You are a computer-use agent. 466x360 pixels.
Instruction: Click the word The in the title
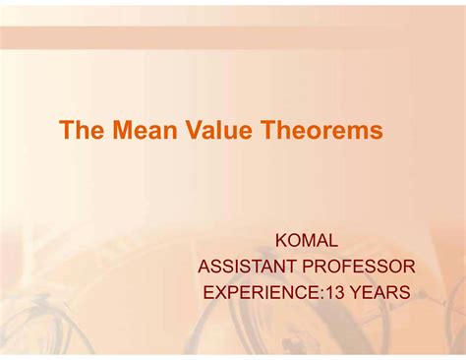79,131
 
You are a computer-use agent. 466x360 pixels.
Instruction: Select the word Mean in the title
134,131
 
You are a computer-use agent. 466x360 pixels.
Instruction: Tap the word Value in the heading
204,131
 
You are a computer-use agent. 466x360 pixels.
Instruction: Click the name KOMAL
308,239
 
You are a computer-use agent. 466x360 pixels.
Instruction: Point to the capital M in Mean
115,131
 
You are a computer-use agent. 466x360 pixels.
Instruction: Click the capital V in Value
178,131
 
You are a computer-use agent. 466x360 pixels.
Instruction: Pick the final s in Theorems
377,132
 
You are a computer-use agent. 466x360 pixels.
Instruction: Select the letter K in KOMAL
282,239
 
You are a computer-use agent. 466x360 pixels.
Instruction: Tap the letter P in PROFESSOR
314,266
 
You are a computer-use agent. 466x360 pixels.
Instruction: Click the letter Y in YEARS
355,292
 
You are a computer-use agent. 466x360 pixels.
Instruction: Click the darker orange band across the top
233,37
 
